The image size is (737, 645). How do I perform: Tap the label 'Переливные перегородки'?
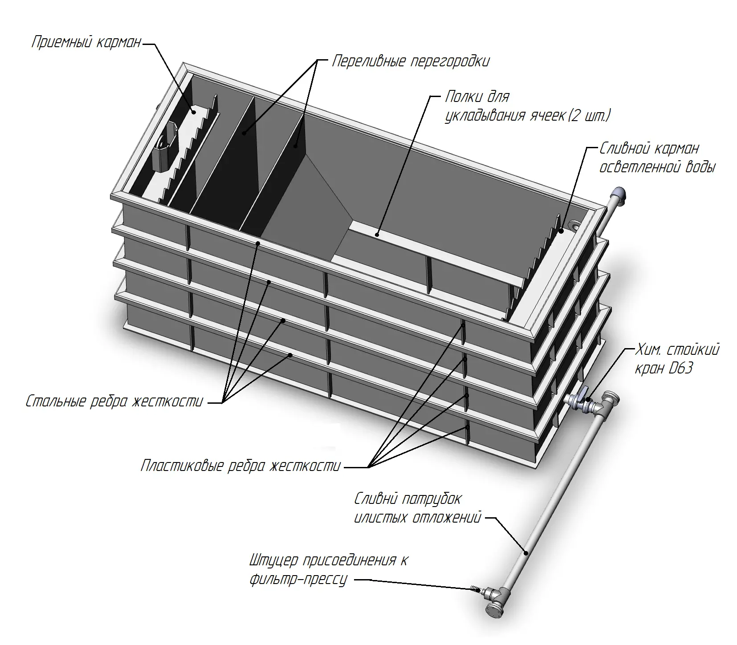tap(411, 61)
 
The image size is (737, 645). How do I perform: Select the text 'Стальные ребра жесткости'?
tap(114, 402)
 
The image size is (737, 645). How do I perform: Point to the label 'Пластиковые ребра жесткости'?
tap(240, 466)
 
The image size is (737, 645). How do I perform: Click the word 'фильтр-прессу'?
tap(298, 579)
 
